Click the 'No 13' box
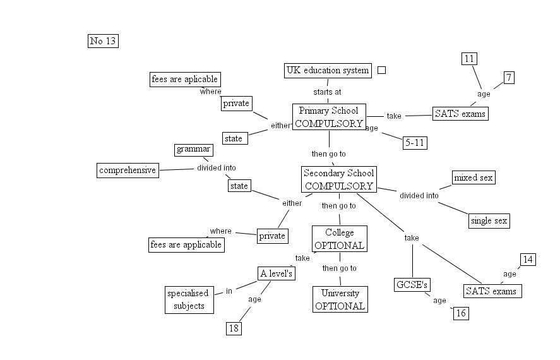coord(104,41)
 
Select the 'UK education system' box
coord(328,70)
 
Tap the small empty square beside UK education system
coord(381,70)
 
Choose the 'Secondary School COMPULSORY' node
coord(339,179)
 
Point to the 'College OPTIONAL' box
coord(340,239)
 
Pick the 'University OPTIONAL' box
coord(340,299)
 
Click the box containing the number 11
coord(468,59)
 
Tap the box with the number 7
coord(509,78)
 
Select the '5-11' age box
coord(415,143)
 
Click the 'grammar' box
coord(193,150)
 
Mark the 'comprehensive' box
coord(128,170)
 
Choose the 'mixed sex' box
coord(474,177)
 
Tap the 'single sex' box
coord(489,220)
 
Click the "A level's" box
coord(277,273)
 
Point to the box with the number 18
coord(234,328)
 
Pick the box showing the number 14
coord(528,260)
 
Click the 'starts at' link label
coord(327,92)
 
